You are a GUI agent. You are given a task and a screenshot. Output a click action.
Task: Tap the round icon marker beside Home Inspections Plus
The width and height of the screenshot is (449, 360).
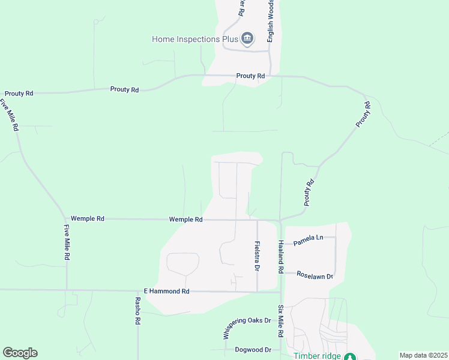point(247,40)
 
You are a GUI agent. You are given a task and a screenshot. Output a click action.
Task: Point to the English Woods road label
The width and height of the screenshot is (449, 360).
point(271,25)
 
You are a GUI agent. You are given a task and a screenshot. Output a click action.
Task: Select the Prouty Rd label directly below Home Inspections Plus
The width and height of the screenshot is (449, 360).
point(250,76)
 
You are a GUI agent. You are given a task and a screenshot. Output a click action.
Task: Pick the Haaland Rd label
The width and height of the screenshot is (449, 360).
point(280,257)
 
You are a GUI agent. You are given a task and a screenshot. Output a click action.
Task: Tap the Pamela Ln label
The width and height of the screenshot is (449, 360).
point(309,238)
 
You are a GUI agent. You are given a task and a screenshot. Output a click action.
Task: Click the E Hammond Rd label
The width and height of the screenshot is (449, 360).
point(166,291)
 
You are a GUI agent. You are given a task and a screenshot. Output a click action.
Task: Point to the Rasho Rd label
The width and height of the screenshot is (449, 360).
point(137,311)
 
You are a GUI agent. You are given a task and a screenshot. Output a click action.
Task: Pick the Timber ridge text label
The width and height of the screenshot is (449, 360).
point(316,356)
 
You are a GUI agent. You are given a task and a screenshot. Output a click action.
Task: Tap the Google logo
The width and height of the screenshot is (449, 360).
point(20,353)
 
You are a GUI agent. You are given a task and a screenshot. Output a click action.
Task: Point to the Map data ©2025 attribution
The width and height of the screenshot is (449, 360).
point(423,355)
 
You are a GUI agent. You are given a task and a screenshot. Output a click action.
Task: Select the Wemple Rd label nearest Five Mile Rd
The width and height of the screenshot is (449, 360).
point(88,219)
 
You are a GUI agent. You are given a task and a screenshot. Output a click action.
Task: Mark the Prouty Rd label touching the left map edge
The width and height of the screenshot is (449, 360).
point(19,94)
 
